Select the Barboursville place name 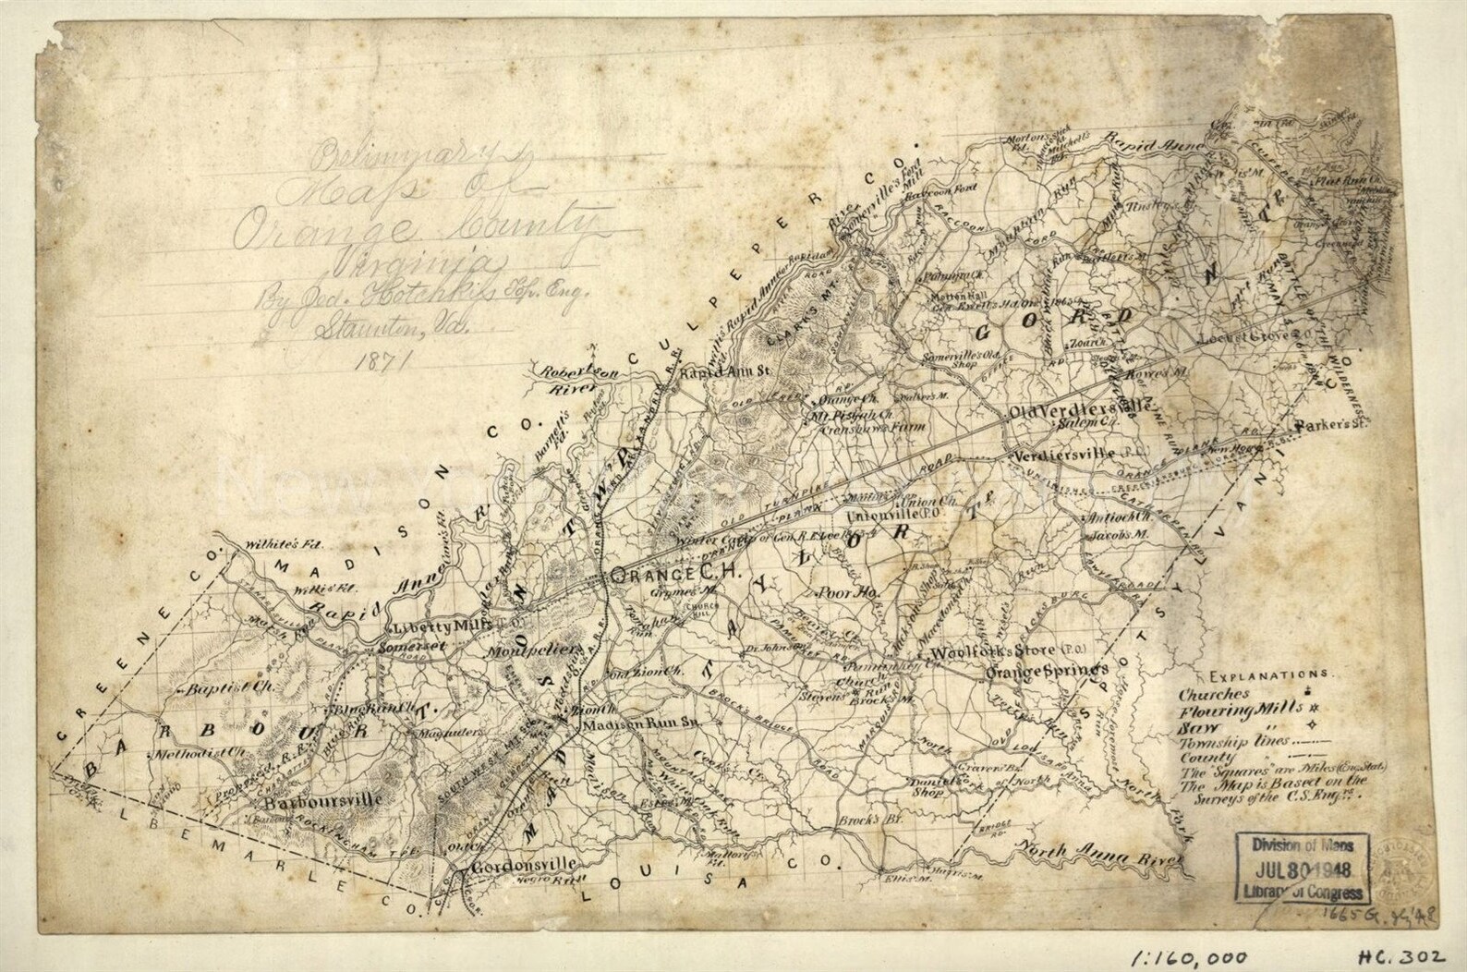point(313,799)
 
